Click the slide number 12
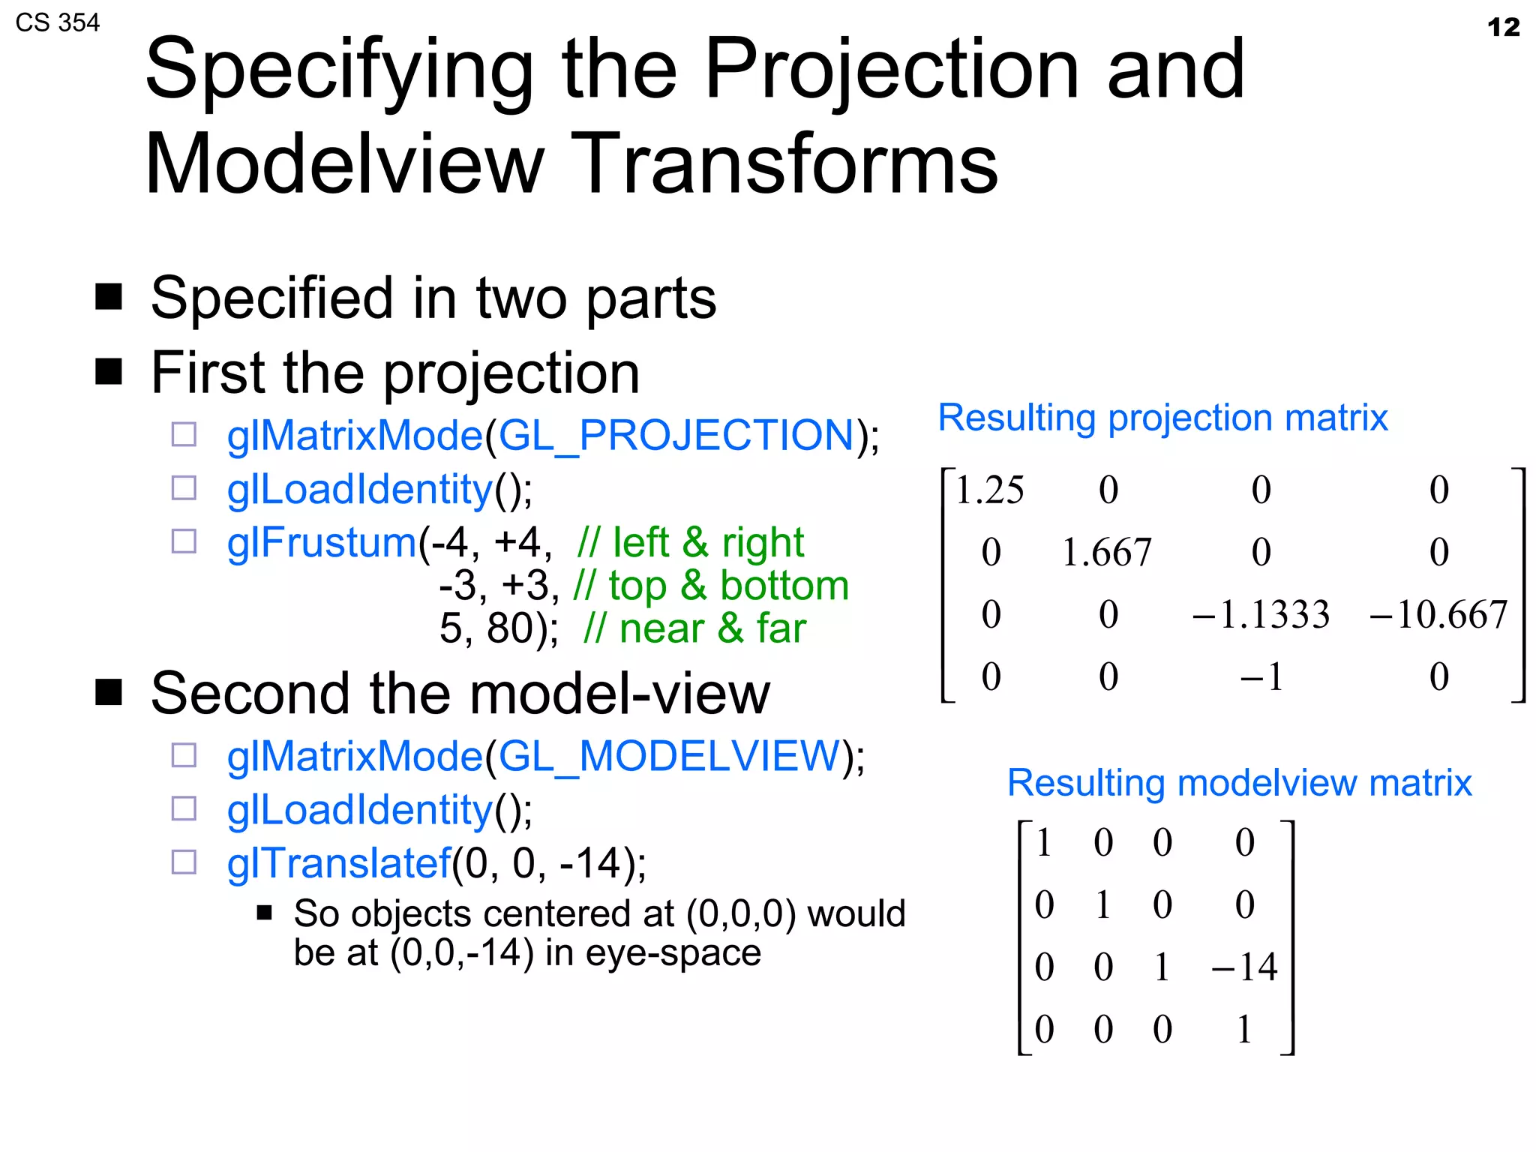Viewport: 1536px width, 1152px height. (x=1502, y=28)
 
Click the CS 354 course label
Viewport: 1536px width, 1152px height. (x=57, y=22)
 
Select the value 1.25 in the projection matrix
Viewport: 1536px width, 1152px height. (x=989, y=490)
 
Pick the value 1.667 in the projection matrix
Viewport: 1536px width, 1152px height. (x=1106, y=553)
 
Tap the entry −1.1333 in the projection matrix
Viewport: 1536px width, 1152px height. (x=1261, y=615)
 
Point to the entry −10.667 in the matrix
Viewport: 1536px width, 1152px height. (x=1438, y=615)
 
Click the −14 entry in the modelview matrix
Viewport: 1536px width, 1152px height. (x=1244, y=967)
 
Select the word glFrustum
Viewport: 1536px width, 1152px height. (x=321, y=542)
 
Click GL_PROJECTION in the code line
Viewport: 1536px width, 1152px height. (x=676, y=435)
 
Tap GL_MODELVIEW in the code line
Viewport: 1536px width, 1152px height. (x=668, y=755)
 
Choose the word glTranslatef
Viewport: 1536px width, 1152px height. (x=339, y=862)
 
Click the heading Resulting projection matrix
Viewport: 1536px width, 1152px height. (x=1162, y=418)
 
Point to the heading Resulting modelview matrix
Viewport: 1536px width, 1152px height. (x=1239, y=783)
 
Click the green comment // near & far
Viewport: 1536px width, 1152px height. (x=694, y=628)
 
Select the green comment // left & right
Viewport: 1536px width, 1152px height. (x=690, y=542)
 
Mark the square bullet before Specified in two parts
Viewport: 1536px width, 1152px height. (x=109, y=297)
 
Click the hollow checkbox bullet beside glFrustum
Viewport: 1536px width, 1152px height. (x=184, y=541)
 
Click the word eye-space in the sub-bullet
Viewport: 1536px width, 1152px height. (x=673, y=952)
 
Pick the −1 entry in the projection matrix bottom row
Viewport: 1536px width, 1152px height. (x=1261, y=677)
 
